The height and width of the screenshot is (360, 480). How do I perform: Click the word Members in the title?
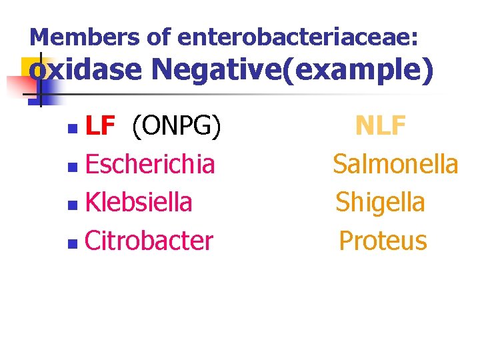tap(81, 37)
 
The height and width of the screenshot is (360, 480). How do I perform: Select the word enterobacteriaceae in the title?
tap(298, 37)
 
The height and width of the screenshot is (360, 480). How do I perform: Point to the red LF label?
tap(101, 125)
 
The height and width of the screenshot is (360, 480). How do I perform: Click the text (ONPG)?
tap(176, 125)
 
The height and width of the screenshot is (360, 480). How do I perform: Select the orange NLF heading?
tap(381, 125)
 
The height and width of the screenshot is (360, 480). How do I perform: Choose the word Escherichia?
tap(150, 163)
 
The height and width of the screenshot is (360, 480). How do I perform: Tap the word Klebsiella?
tap(139, 202)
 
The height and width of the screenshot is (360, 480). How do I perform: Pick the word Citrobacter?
tap(149, 241)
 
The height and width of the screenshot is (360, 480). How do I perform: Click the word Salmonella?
tap(395, 163)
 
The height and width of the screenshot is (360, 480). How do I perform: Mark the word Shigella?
tap(380, 202)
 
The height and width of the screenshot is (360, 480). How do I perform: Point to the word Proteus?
tap(383, 241)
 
